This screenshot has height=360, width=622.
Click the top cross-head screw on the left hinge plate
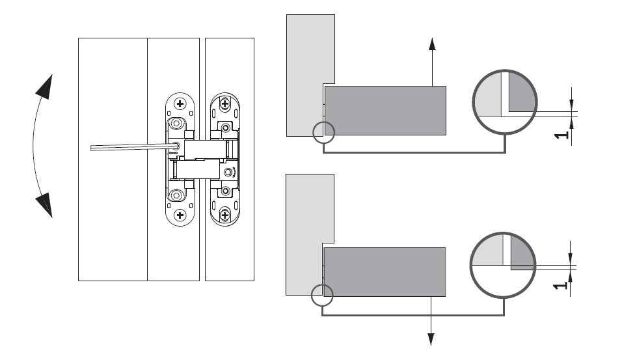180,104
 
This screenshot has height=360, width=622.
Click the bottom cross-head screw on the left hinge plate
180,215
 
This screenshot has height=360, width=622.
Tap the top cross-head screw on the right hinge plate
225,104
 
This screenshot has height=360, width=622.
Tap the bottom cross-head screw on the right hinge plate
225,215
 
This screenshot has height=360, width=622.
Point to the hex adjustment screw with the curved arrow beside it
228,173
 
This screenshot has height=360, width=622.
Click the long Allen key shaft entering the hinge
133,147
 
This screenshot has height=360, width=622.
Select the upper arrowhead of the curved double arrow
44,87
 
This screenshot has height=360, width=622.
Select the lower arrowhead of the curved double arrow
44,205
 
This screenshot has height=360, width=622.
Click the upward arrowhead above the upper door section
433,44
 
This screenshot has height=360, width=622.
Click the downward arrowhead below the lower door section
431,339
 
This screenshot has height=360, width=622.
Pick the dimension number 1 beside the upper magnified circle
561,135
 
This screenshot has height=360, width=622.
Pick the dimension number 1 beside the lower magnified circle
560,285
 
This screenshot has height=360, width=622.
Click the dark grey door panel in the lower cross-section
385,272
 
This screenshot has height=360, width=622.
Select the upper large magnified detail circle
505,71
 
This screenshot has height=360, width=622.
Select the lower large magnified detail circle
503,234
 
